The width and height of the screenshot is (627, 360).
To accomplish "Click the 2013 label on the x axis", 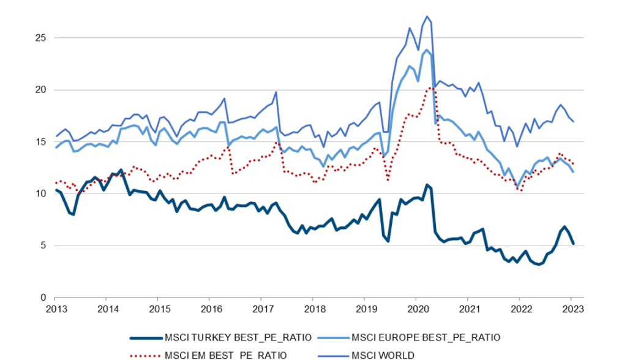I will click(55, 309).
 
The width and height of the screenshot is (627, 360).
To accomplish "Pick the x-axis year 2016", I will click(210, 309).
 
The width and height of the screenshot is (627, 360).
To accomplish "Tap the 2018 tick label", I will click(313, 309).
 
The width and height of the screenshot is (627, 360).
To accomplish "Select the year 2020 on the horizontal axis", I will click(416, 309).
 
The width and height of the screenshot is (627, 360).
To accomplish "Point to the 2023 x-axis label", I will click(571, 309).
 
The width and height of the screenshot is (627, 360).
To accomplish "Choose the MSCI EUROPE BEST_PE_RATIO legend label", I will click(426, 337).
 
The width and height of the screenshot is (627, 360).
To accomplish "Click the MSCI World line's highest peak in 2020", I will click(427, 17).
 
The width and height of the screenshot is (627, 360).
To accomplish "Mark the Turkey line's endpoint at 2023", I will click(573, 244).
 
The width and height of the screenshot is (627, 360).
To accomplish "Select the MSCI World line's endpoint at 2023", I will click(573, 121).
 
